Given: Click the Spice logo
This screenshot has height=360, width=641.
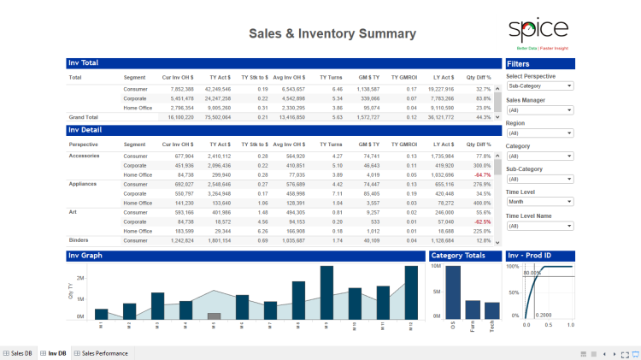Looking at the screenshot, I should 538,31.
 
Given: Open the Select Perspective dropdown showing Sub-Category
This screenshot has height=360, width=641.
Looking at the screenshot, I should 539,86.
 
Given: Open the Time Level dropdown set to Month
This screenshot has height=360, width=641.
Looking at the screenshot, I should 539,202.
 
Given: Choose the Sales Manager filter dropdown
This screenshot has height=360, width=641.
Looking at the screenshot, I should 539,109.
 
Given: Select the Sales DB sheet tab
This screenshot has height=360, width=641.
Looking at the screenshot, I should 18,353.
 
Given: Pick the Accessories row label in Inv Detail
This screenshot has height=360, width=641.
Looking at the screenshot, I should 84,156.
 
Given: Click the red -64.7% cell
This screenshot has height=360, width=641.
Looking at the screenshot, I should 481,174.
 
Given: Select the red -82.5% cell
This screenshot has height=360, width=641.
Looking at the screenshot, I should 481,221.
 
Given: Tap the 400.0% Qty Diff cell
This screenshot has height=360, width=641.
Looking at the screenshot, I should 481,202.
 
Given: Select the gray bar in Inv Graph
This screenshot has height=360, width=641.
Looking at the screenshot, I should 215,316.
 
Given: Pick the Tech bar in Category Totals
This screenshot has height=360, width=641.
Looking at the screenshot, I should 492,310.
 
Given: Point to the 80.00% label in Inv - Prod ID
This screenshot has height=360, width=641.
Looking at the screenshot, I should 532,274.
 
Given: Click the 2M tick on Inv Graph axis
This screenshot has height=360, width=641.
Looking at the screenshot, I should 79,278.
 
